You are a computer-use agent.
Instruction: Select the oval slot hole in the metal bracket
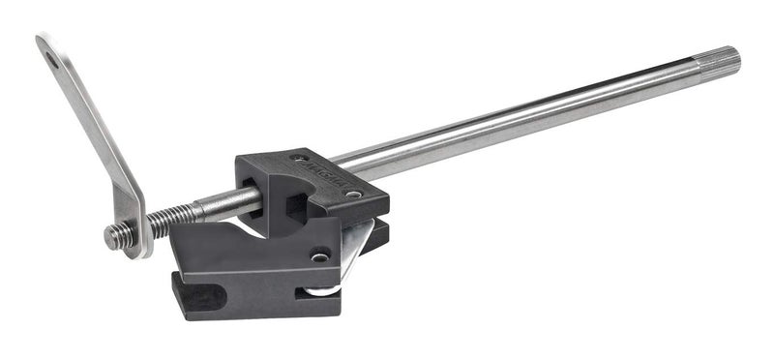point(50,61)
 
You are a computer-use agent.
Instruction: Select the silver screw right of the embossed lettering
point(354,194)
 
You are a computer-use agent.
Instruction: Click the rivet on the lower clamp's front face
point(318,257)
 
